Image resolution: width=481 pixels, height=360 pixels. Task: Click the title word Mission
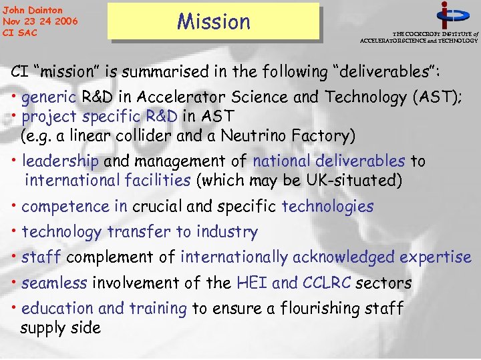[213, 21]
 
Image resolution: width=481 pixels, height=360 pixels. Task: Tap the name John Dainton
[33, 10]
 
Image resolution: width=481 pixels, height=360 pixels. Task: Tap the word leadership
[60, 161]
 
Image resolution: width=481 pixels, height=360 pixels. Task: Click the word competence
[74, 207]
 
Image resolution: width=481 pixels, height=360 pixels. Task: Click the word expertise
[436, 257]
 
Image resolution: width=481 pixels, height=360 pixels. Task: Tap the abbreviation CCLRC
[327, 283]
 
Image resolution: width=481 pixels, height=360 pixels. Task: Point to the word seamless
[54, 283]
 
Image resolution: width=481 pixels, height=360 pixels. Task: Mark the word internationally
[234, 257]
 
